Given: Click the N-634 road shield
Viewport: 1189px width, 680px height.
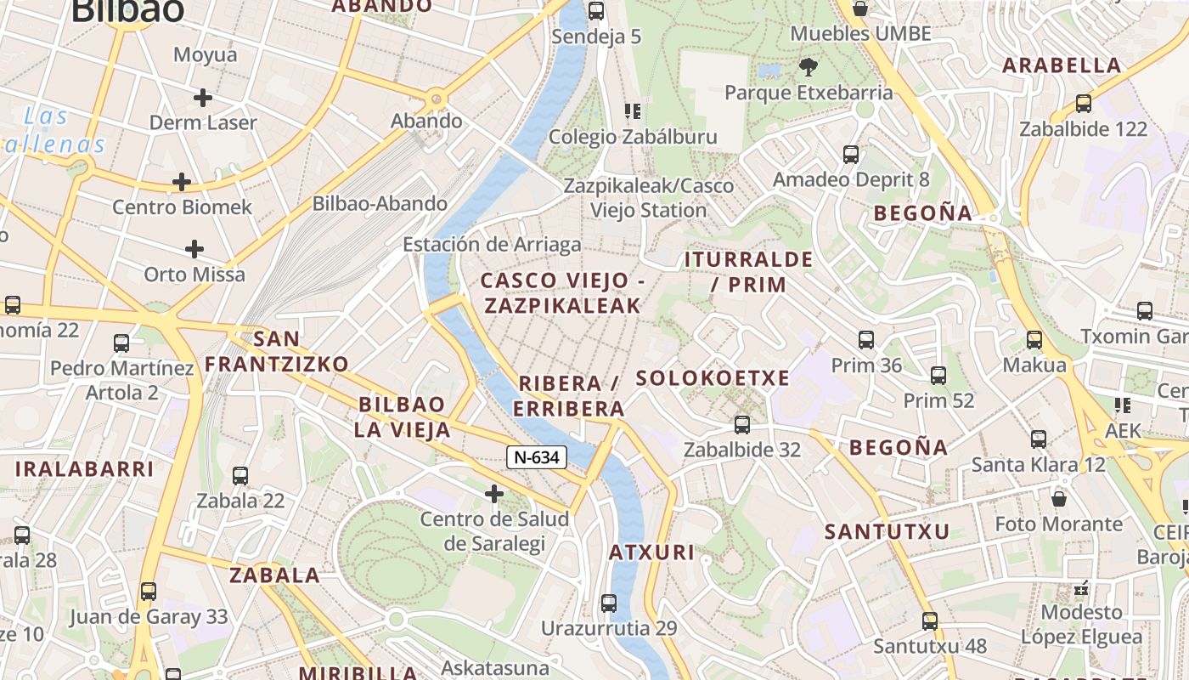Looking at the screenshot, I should point(537,457).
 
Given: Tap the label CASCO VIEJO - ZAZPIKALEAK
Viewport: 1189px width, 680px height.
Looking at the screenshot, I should point(562,292).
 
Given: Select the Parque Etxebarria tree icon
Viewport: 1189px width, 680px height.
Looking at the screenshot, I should point(809,65).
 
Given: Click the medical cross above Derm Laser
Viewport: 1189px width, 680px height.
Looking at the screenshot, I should point(202,98).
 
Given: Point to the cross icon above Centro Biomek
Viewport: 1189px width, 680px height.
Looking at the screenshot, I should point(181,182).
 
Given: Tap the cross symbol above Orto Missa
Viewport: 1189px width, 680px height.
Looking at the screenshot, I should point(194,249).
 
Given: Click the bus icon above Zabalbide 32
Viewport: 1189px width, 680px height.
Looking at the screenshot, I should point(742,424).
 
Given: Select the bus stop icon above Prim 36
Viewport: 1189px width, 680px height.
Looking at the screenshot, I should point(866,340).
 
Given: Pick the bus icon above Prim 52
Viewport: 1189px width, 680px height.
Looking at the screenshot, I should point(938,375).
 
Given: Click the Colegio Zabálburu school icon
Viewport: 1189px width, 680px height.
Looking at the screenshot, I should point(632,111).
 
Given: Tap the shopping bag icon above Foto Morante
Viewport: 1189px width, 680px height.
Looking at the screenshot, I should point(1059,498).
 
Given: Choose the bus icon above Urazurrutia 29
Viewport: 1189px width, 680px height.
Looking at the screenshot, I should point(609,603).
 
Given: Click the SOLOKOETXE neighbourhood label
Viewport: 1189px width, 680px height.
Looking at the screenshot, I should point(713,378).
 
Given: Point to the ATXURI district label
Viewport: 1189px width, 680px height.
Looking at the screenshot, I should point(651,552).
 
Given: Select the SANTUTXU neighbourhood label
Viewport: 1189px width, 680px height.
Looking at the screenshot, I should point(887,532).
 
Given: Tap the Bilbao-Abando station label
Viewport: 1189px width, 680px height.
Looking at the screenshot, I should point(380,203).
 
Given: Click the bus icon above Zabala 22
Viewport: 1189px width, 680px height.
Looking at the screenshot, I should point(240,475).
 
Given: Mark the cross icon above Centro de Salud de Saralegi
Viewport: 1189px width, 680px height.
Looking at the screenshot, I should point(493,493).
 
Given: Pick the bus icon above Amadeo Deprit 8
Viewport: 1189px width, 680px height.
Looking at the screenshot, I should point(851,155).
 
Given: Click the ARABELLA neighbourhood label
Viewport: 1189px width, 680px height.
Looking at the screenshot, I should point(1062,65).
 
